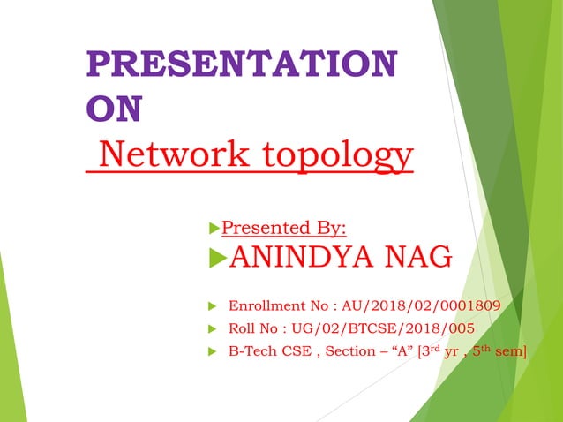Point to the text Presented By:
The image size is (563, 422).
click(283, 229)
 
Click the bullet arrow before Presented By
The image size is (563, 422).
click(213, 229)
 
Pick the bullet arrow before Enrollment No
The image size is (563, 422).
click(212, 306)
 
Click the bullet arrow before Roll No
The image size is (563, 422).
click(212, 329)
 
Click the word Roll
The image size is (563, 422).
click(243, 329)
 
